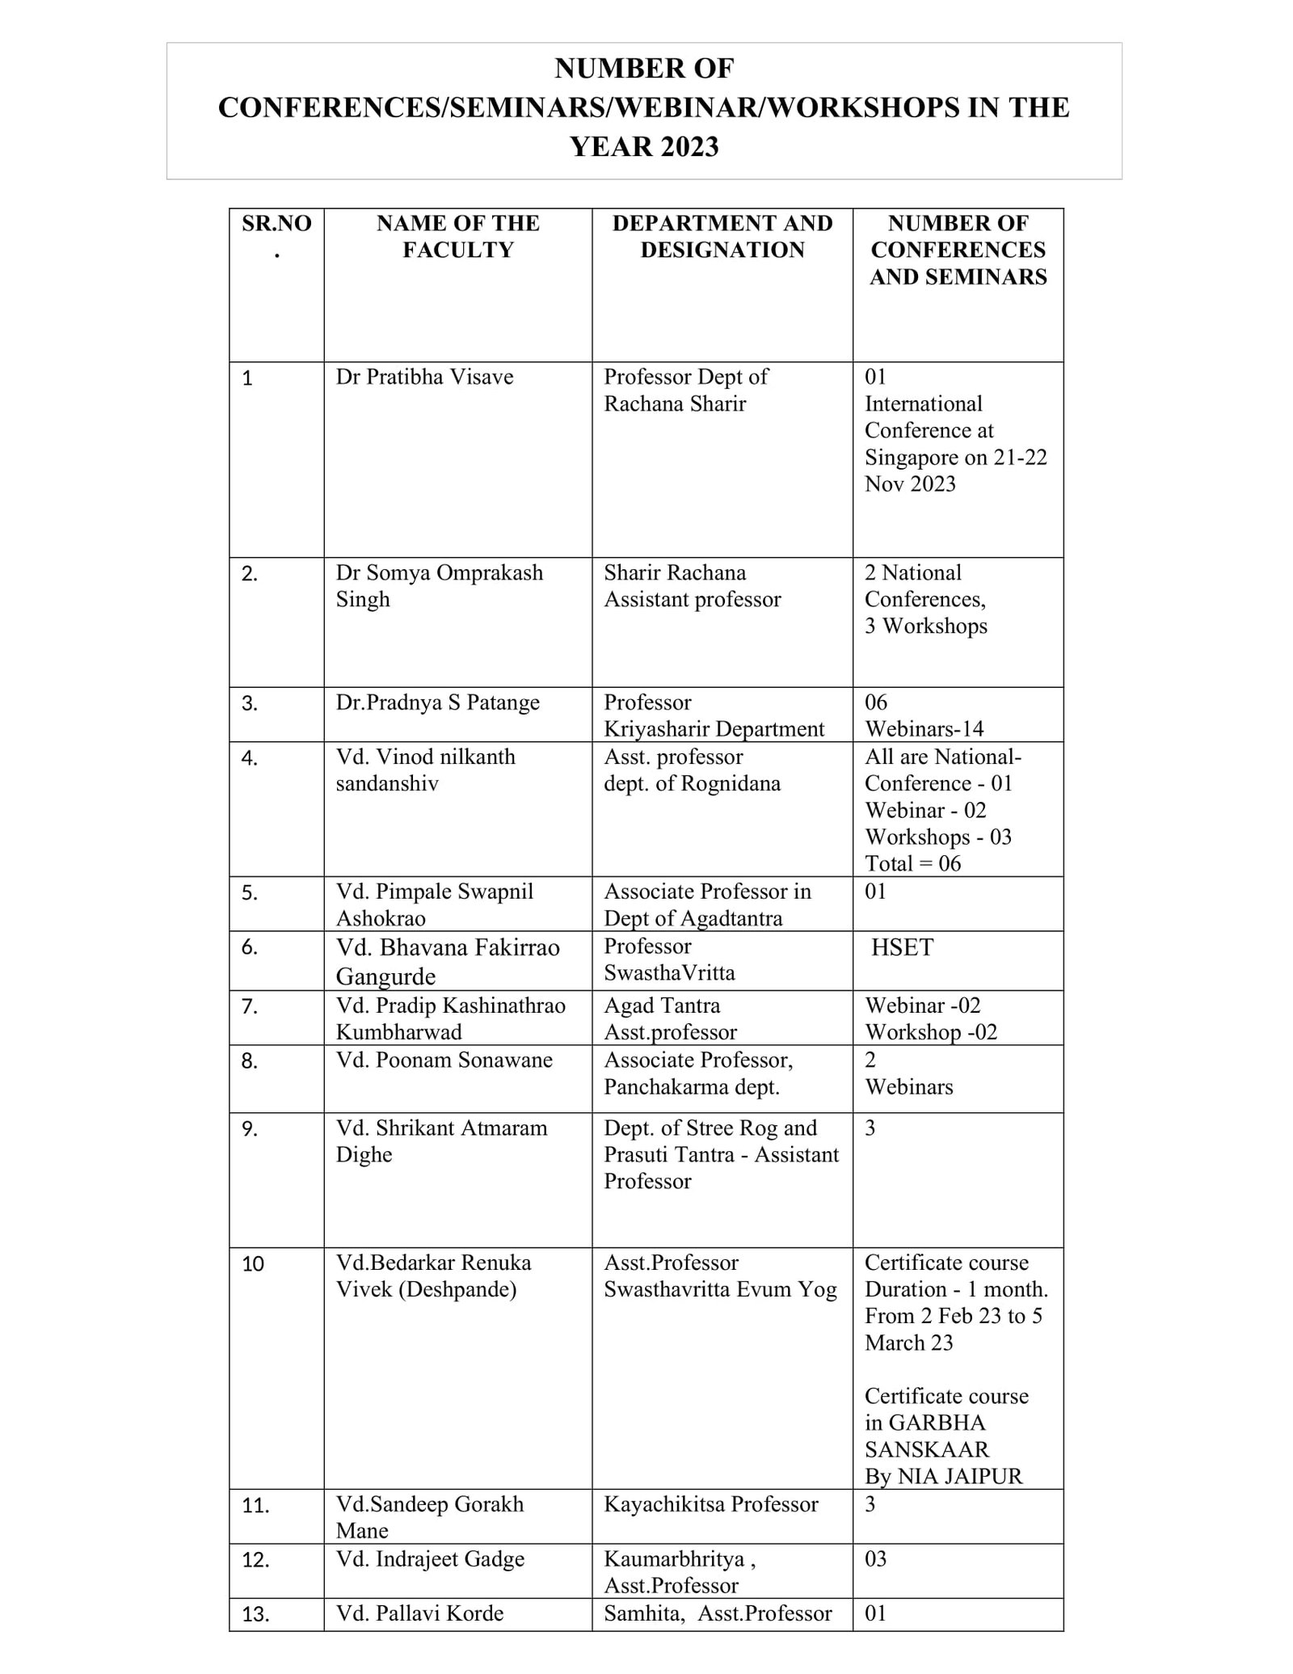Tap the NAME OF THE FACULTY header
click(457, 236)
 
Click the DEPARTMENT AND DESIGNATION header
click(722, 236)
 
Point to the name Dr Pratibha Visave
click(424, 377)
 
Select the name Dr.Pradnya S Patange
click(437, 702)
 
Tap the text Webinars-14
click(924, 729)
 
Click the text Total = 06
click(912, 864)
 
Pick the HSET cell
click(902, 947)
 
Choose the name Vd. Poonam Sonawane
click(444, 1060)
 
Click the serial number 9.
click(250, 1129)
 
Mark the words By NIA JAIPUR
click(943, 1477)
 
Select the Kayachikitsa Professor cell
click(710, 1504)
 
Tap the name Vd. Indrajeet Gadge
click(430, 1559)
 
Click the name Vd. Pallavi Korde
click(419, 1613)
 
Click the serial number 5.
click(250, 893)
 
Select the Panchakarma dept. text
click(691, 1087)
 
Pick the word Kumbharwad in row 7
click(398, 1033)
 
